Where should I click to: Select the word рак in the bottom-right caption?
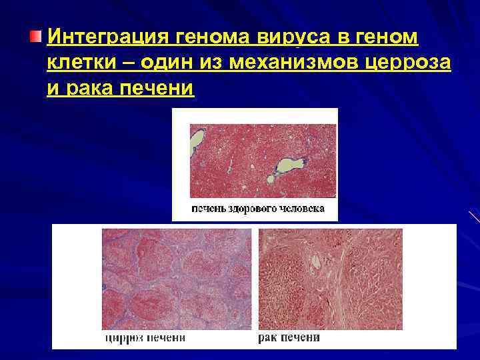[x=267, y=338]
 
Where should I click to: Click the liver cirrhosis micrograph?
[x=177, y=278]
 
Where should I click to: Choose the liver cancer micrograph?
[x=331, y=278]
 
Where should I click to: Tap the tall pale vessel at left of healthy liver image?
[x=197, y=143]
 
